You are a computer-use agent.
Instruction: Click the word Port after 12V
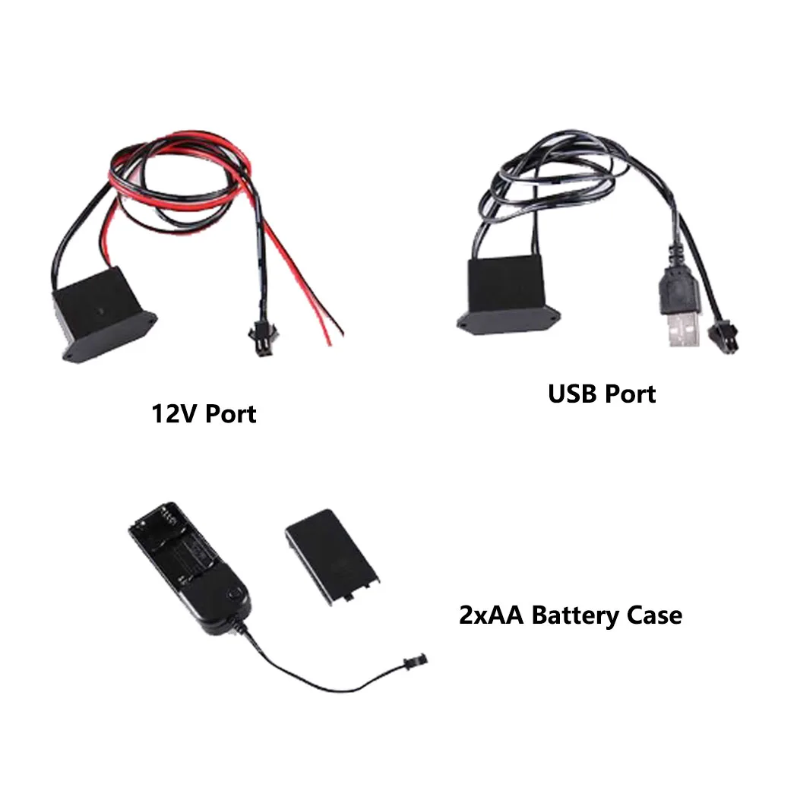pos(231,414)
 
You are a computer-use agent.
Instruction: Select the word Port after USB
pos(629,394)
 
